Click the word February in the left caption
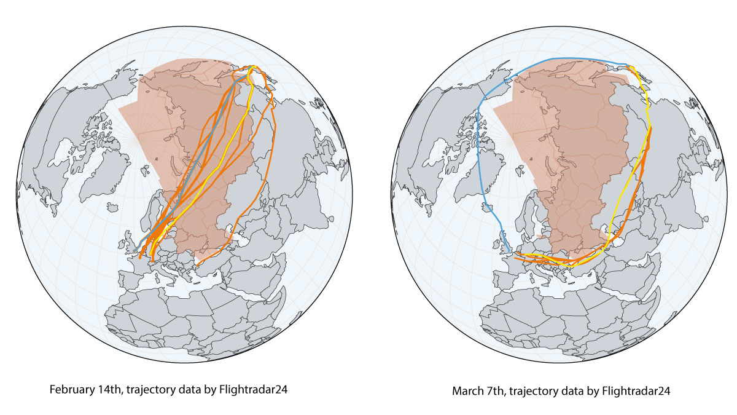pyautogui.click(x=70, y=390)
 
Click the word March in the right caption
pyautogui.click(x=466, y=390)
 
